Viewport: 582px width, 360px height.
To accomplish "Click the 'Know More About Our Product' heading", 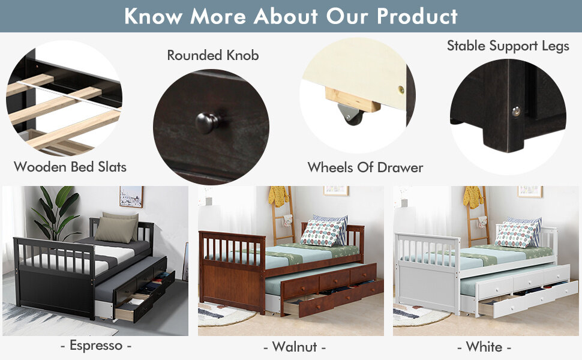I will click(291, 16).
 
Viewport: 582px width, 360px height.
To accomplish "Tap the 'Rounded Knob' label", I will click(213, 56).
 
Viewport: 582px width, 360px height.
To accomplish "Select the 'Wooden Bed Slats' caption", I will click(70, 167).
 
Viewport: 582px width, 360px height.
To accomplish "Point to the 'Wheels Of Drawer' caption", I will click(365, 167).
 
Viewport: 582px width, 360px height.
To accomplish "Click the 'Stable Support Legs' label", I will click(508, 46).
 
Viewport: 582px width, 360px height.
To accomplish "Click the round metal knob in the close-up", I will click(208, 122).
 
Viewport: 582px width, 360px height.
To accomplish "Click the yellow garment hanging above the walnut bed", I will click(278, 196).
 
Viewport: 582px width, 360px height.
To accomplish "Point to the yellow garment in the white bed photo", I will click(473, 196).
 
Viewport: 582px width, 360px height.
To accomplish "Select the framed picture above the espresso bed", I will click(131, 196).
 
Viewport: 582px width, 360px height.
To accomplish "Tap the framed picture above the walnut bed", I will click(336, 191).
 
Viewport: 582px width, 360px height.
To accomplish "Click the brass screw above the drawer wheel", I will click(400, 89).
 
